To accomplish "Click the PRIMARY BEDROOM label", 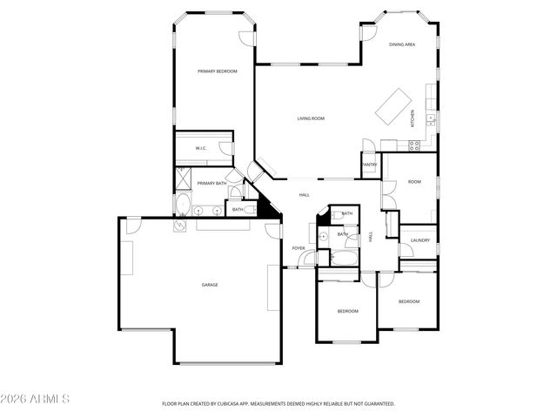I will point(217,71).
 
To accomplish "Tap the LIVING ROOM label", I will point(311,118).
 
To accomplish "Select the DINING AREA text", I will point(401,44).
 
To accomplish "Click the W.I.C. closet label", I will point(200,149).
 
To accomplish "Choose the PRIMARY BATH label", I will point(211,183).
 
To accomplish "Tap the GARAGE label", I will point(210,285).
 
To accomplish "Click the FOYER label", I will point(299,248).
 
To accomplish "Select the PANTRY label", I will point(370,165).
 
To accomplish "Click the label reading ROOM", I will point(414,182).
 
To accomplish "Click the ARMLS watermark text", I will point(36,399).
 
